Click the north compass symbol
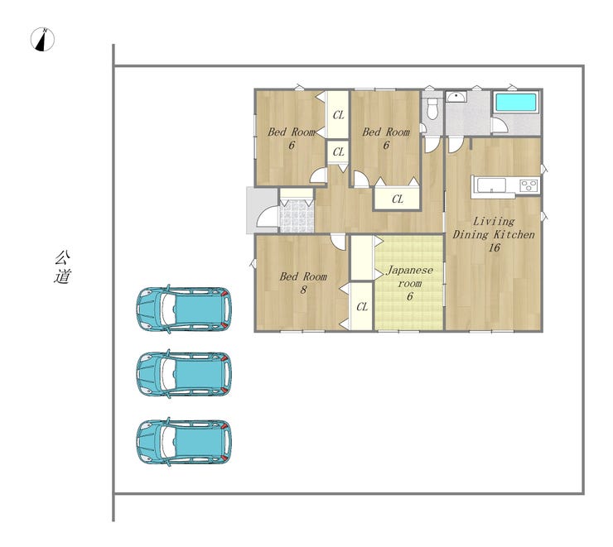42,40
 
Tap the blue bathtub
515,103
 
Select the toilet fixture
432,108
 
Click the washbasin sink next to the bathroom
456,97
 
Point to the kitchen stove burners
529,185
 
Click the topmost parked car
184,309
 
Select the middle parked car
184,374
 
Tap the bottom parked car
184,442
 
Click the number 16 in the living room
495,247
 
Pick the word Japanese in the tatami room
409,270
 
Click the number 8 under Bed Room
303,290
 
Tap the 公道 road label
63,267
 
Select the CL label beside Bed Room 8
362,307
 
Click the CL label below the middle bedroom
397,199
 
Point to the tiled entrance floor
297,216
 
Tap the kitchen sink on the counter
491,185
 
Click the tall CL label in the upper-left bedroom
339,115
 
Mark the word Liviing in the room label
494,222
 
